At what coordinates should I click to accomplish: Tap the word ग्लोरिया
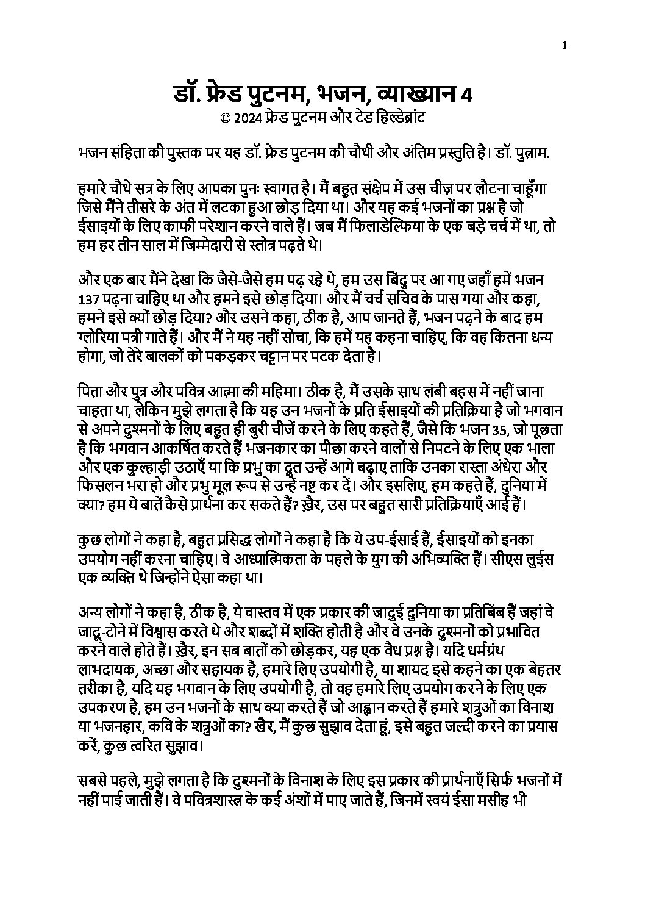click(x=103, y=337)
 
